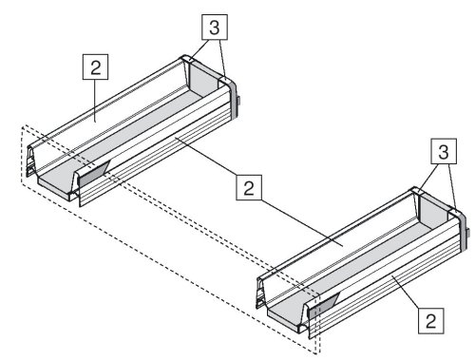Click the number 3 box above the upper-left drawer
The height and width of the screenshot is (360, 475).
pos(215,28)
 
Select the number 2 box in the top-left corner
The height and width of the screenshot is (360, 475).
pos(95,66)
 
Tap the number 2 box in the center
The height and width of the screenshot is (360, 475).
pos(249,187)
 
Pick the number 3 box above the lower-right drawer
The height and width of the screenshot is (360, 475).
pos(444,151)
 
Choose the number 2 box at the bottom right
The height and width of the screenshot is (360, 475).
pos(430,321)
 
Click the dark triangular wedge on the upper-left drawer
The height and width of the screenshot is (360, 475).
pos(94,174)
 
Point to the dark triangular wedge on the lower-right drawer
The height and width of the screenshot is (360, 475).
pos(324,305)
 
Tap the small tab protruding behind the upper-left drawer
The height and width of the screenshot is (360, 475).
pos(240,102)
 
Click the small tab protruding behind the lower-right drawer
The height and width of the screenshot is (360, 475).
pos(467,234)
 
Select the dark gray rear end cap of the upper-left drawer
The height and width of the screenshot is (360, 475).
pos(234,98)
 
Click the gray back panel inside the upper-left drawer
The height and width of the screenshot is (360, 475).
pos(203,79)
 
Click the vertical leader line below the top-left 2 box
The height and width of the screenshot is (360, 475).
pos(95,100)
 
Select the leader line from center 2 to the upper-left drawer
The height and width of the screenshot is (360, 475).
pos(206,156)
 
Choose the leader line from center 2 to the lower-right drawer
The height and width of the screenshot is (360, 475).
pos(302,223)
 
